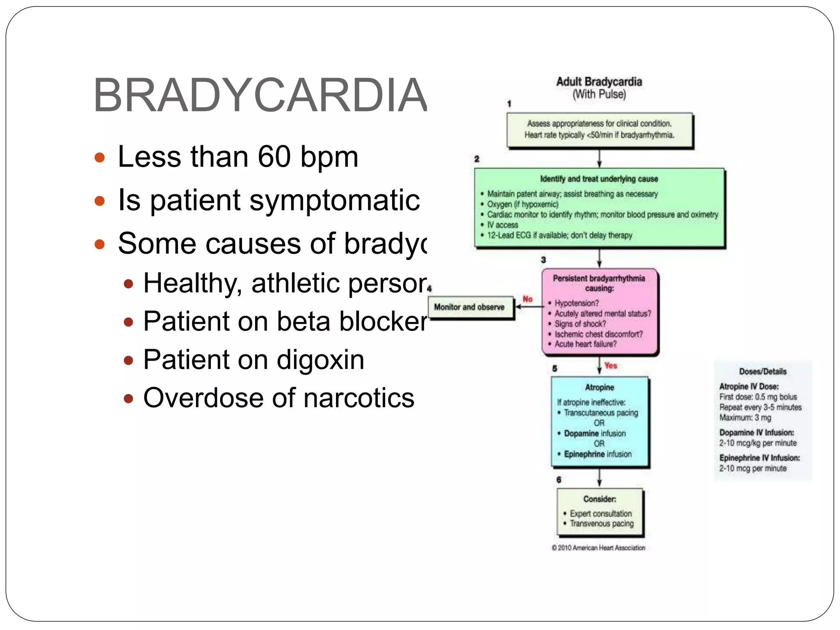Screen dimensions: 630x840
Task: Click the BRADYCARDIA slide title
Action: tap(260, 95)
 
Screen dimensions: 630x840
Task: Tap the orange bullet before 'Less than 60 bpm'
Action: tap(99, 157)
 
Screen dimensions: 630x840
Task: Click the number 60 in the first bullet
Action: tap(274, 157)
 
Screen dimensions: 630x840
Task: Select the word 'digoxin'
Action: tap(320, 360)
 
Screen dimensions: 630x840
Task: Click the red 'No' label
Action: tap(527, 299)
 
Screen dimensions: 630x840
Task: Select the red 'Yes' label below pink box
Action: tap(610, 365)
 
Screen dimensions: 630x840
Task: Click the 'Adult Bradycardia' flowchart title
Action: tap(599, 82)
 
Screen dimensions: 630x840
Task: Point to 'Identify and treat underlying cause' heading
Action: tap(599, 179)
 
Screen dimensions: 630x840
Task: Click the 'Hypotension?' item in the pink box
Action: tap(576, 303)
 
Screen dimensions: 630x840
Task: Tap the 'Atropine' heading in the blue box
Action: tap(599, 387)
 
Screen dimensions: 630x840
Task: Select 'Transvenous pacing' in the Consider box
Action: tap(601, 524)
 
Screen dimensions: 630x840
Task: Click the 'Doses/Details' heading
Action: tap(762, 372)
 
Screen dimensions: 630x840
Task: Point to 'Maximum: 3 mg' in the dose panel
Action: tap(745, 418)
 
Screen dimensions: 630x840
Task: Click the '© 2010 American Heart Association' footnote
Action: tap(598, 548)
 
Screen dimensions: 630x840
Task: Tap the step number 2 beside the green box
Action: tap(477, 159)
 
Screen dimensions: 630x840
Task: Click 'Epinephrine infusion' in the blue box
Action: tap(598, 454)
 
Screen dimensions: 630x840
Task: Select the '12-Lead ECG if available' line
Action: tap(559, 235)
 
